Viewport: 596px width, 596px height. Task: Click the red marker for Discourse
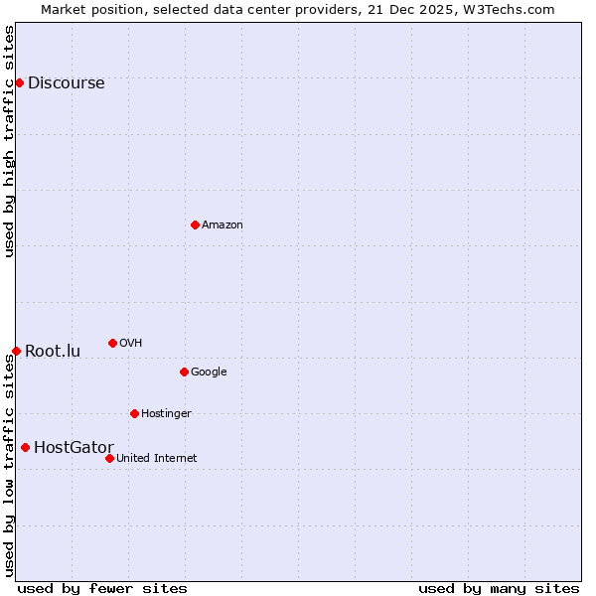[19, 82]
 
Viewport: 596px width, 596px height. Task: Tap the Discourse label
[66, 83]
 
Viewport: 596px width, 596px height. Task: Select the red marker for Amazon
[195, 224]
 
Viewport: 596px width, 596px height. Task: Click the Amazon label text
[223, 225]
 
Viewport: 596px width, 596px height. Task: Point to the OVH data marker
[112, 343]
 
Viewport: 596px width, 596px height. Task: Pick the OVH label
[130, 344]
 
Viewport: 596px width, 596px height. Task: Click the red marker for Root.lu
[16, 351]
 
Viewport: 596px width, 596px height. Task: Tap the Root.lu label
[53, 352]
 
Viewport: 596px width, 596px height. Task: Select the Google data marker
[184, 372]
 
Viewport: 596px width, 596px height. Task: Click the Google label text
[209, 372]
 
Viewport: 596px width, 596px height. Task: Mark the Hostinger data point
[134, 413]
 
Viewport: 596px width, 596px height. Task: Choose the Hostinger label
[166, 414]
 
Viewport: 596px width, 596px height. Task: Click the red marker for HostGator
[25, 447]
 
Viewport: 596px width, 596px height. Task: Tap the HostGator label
[74, 448]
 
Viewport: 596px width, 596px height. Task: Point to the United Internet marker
[109, 458]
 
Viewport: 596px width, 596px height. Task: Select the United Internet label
[156, 459]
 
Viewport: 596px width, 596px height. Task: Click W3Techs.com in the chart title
[513, 10]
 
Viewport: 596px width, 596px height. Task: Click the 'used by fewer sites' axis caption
[102, 588]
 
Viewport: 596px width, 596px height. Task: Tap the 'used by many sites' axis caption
[499, 588]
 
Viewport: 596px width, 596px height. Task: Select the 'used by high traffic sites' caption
[10, 141]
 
